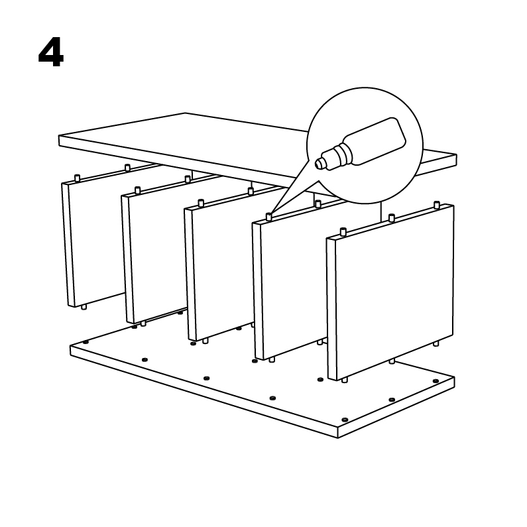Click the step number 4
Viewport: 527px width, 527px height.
coord(51,52)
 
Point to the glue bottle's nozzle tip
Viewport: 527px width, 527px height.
coord(318,164)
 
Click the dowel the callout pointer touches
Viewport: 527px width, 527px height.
coord(268,217)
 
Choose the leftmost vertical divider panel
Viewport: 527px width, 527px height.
coord(94,242)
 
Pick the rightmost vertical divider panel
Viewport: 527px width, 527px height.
coord(390,292)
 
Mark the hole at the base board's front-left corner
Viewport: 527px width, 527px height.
coord(86,342)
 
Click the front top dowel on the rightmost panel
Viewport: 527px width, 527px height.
coord(343,232)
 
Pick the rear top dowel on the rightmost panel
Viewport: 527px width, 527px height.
coord(437,205)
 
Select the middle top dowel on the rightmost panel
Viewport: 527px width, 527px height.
coord(392,218)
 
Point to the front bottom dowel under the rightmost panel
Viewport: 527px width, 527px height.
coord(344,380)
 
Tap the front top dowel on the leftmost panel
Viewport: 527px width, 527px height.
coord(77,178)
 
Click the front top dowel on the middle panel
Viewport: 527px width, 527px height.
coord(202,204)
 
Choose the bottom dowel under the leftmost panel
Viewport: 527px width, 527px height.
coord(84,307)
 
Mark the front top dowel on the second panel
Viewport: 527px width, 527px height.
coord(137,190)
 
